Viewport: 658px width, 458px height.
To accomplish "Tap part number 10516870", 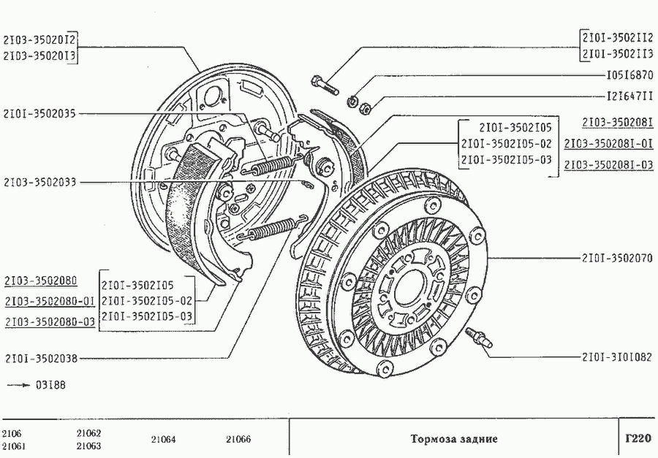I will pyautogui.click(x=629, y=75).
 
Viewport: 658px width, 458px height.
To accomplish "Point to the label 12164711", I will pyautogui.click(x=629, y=96).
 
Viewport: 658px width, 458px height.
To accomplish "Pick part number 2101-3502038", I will pyautogui.click(x=41, y=359).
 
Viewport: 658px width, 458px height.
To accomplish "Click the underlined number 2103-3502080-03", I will pyautogui.click(x=50, y=321).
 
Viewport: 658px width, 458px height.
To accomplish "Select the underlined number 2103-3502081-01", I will pyautogui.click(x=608, y=143).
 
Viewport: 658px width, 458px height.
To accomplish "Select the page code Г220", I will pyautogui.click(x=638, y=439).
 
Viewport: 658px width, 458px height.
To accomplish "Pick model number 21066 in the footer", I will pyautogui.click(x=238, y=440).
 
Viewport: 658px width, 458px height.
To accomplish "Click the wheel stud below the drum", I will pyautogui.click(x=480, y=338).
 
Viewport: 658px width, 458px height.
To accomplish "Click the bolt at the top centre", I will pyautogui.click(x=324, y=83).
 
